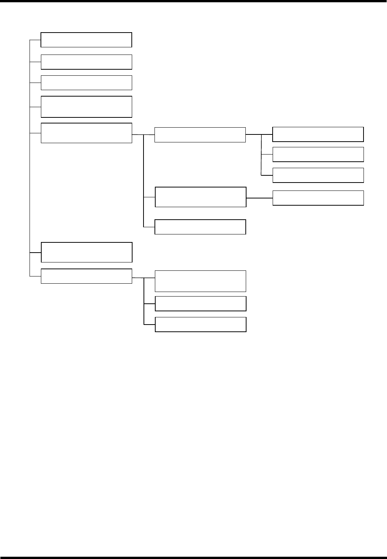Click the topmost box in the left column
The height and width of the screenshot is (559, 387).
coord(86,40)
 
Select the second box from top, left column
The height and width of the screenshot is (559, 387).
coord(86,62)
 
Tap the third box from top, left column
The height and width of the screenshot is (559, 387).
coord(86,83)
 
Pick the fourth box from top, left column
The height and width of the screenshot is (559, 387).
coord(86,107)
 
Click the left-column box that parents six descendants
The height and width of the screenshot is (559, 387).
coord(86,133)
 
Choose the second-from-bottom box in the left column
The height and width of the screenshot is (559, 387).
coord(86,252)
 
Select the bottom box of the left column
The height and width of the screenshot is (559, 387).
coord(86,276)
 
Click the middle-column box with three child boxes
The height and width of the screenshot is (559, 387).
coord(200,135)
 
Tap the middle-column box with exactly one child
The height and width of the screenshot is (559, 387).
coord(201,197)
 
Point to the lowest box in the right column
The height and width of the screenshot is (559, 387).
coord(318,198)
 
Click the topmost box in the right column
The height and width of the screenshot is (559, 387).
coord(318,134)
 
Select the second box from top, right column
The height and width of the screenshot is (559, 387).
coord(318,155)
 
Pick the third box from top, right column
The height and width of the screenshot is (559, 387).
coord(318,175)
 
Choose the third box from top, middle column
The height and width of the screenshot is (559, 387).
coord(200,227)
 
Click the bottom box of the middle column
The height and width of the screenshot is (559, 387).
coord(201,325)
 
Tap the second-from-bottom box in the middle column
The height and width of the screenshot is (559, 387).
coord(201,304)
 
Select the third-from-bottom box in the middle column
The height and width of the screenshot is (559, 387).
coord(201,281)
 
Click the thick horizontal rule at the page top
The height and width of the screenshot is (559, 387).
coord(193,1)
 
